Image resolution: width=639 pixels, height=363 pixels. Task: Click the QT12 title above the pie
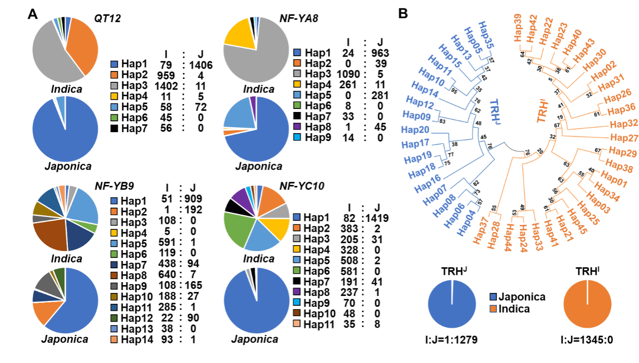(107, 19)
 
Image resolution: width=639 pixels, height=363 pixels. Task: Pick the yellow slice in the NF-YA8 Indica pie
(240, 34)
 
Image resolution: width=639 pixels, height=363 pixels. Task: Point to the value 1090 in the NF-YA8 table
(348, 74)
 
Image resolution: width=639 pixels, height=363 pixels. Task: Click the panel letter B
(402, 14)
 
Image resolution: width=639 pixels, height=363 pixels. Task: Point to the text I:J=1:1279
(451, 340)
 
